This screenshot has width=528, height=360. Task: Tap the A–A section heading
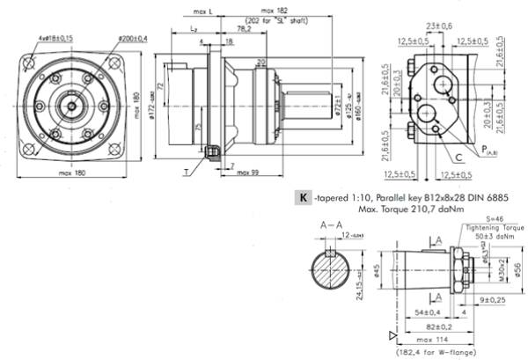(x=332, y=225)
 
